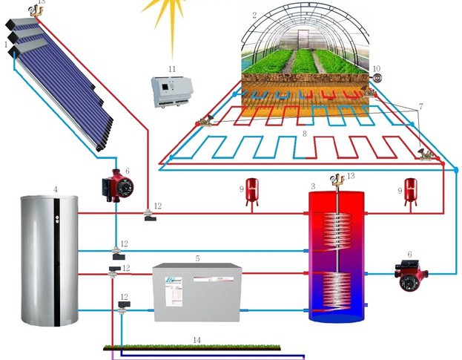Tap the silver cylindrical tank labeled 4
49,259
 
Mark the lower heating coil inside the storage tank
337,290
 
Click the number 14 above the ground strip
197,340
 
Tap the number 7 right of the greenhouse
420,107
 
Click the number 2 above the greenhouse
254,14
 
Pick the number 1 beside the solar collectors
7,45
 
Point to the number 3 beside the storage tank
314,185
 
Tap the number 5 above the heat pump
197,258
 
